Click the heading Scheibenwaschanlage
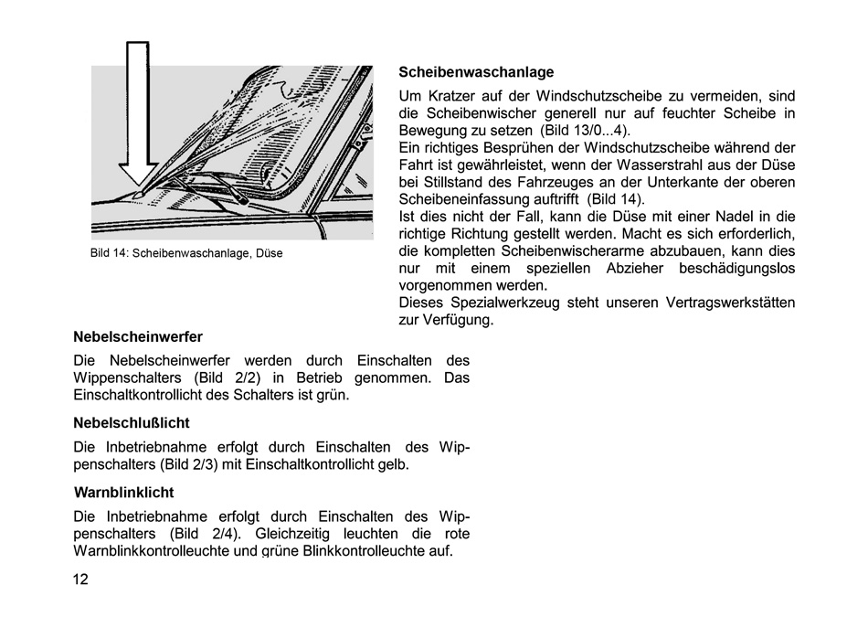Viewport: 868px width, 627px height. (476, 72)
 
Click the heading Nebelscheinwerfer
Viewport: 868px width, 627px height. (138, 336)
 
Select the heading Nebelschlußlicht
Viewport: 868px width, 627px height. (132, 423)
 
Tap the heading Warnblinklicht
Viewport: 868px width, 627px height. (123, 493)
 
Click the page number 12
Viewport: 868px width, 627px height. (81, 579)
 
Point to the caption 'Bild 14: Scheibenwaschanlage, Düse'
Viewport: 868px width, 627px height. (186, 253)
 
